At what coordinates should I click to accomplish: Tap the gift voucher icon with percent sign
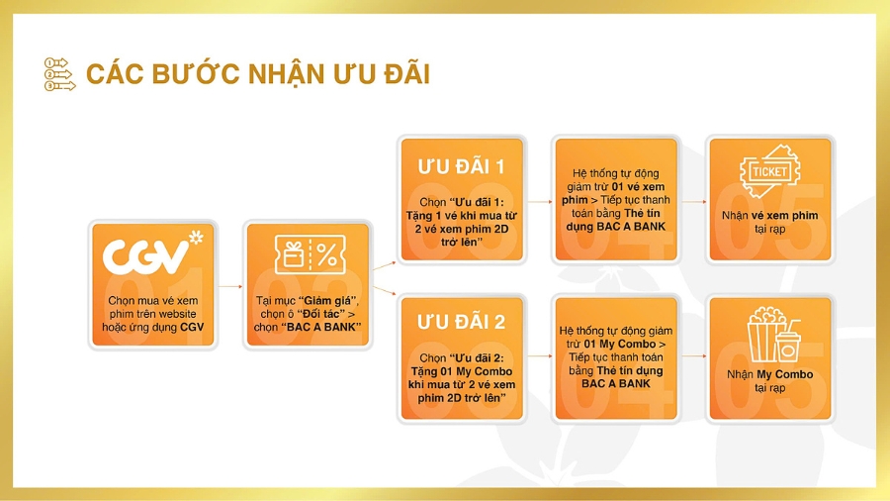coord(307,256)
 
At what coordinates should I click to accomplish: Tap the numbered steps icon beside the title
coord(59,74)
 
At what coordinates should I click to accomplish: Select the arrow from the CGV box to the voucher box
coord(228,285)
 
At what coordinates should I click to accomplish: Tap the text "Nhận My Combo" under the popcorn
coord(770,374)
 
